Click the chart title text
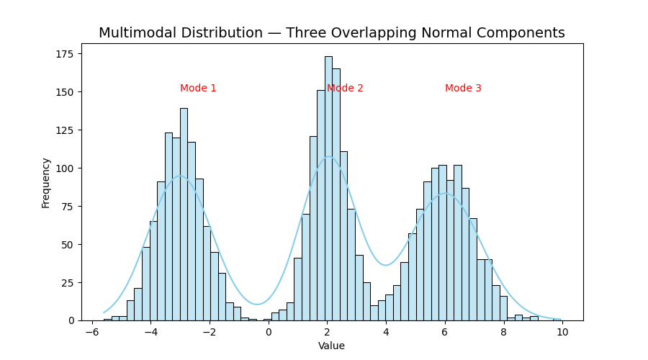331,33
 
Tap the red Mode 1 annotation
198,89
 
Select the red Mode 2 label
345,89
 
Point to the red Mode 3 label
463,89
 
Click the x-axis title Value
331,346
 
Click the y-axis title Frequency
46,183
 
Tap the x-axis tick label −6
91,332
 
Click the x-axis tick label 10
562,332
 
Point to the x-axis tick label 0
269,332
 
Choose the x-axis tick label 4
386,332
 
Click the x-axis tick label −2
209,332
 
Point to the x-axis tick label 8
503,332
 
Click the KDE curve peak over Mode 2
328,157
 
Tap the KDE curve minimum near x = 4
386,265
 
